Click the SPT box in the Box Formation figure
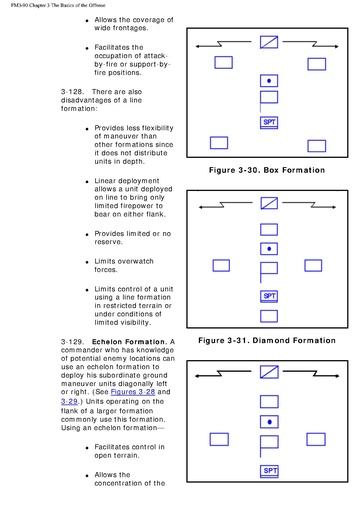[269, 122]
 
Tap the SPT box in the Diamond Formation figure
[269, 296]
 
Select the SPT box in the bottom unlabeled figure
[269, 471]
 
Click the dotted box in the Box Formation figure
[269, 81]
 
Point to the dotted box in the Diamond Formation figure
[269, 249]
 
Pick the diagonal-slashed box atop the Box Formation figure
[269, 42]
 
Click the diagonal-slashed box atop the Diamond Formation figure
[269, 203]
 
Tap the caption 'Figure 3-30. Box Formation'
[267, 170]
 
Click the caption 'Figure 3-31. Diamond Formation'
[267, 340]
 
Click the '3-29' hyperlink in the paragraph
[69, 401]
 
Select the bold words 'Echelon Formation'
[129, 342]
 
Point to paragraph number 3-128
[72, 92]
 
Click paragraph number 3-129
[72, 342]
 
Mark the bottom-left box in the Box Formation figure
[219, 143]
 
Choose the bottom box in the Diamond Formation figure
[269, 316]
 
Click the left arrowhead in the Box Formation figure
[197, 46]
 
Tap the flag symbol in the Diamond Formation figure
[269, 272]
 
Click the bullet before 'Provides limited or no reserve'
[87, 234]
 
